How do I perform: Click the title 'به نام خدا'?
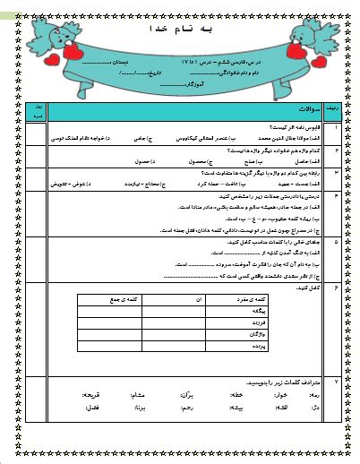179,29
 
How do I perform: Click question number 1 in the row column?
334,128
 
